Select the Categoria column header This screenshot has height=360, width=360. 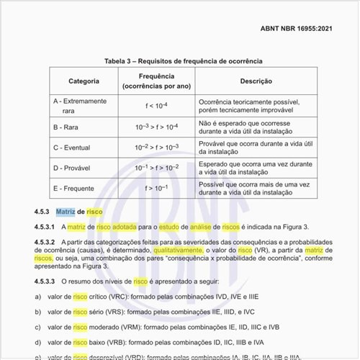click(x=84, y=81)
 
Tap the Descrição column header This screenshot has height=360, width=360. click(x=256, y=81)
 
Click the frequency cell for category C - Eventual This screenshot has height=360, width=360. click(x=156, y=147)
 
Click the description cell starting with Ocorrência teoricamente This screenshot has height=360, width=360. click(x=255, y=107)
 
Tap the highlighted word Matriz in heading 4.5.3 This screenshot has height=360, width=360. click(x=66, y=212)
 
